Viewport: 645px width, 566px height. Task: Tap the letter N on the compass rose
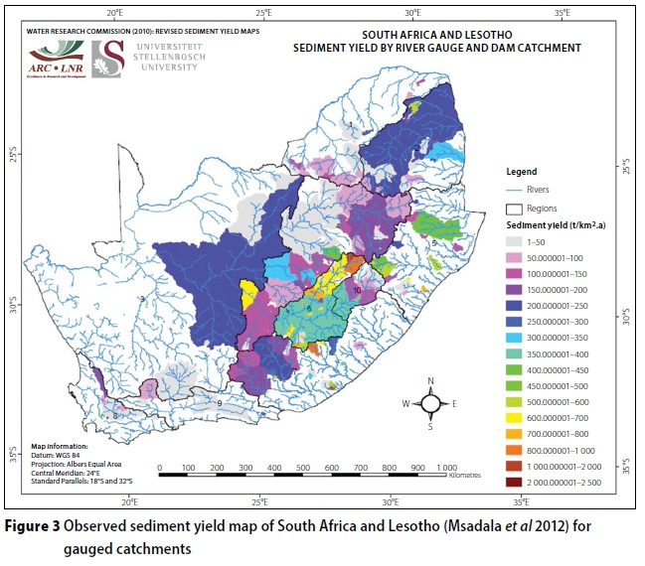pos(430,381)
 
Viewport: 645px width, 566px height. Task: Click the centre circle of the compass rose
pos(430,403)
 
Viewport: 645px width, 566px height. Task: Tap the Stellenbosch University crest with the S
pos(104,59)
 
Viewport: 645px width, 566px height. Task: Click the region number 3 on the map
pos(142,298)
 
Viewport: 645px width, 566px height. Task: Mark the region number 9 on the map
pos(219,404)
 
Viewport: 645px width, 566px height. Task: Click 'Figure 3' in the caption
pos(32,525)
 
